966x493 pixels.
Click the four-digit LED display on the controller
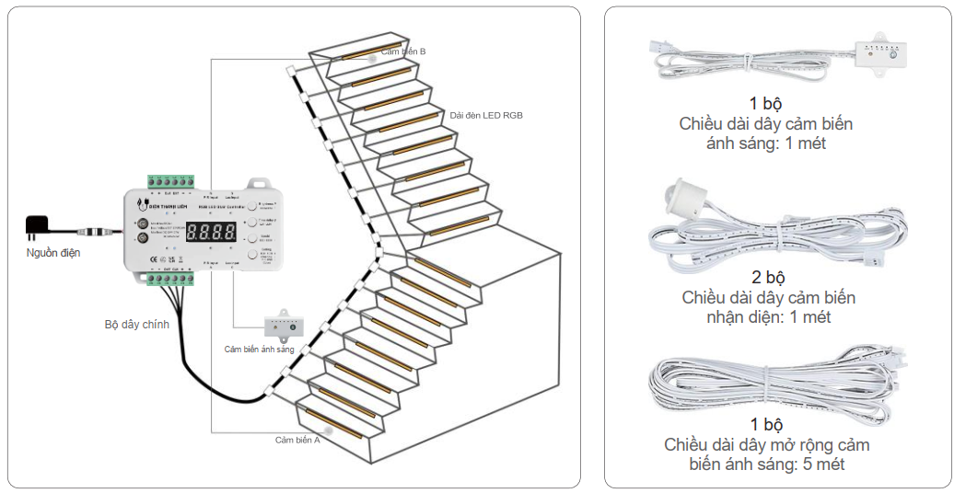click(x=211, y=232)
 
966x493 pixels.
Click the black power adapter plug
click(x=39, y=225)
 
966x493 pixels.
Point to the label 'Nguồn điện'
click(x=52, y=253)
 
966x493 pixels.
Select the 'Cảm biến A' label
click(x=297, y=440)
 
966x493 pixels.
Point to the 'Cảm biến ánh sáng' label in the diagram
click(x=259, y=350)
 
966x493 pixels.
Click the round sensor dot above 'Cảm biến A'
click(x=330, y=429)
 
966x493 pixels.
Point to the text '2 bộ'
click(x=768, y=278)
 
